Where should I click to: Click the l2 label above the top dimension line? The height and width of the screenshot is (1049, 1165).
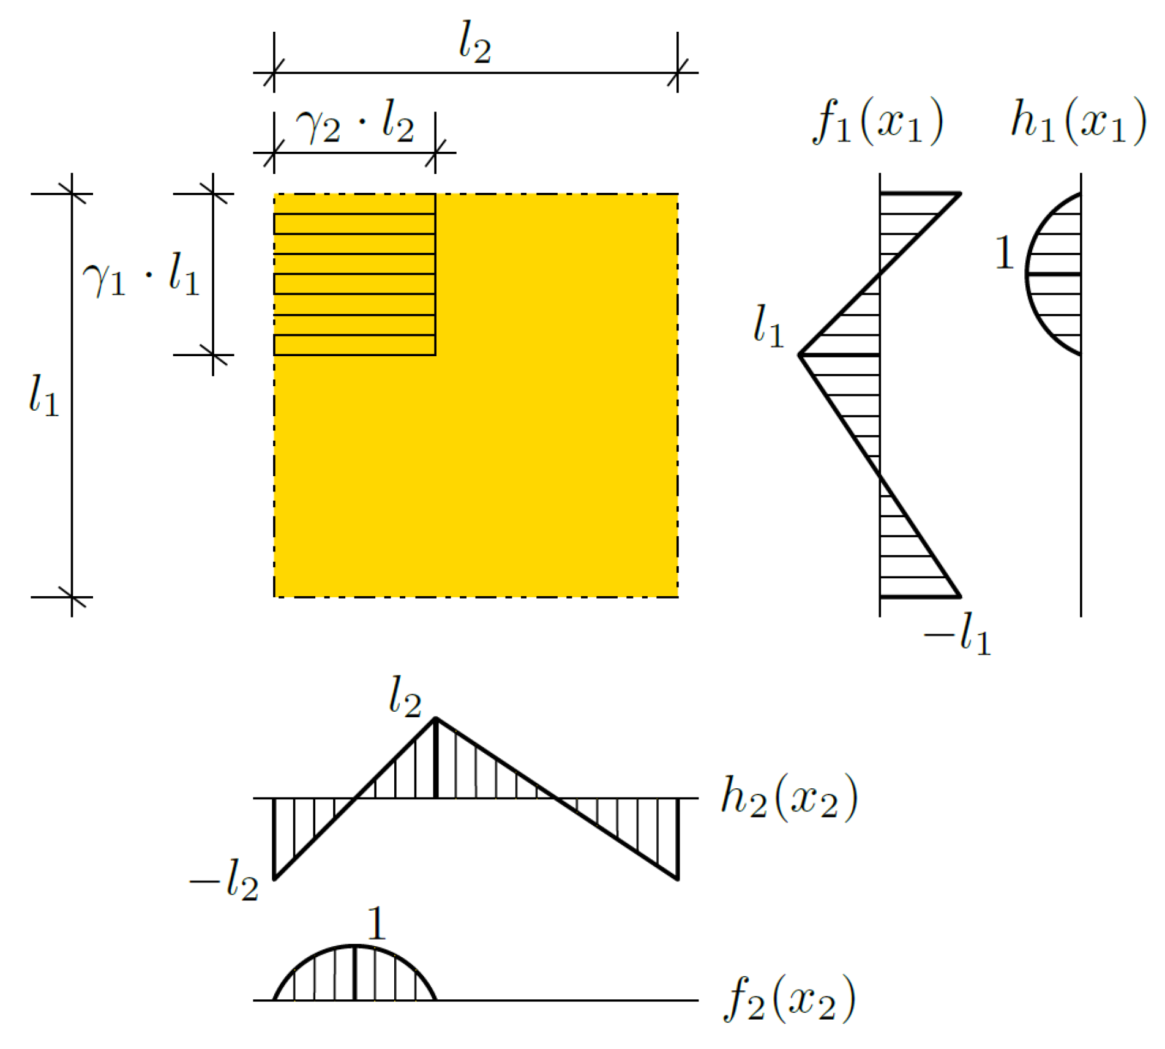tap(475, 43)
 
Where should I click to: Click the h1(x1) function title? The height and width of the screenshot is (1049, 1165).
tap(1078, 123)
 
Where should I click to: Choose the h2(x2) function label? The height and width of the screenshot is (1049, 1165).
tap(789, 798)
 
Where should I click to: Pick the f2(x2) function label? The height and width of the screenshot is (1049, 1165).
tap(789, 999)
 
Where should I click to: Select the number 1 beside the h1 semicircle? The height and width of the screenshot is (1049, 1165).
tap(1004, 253)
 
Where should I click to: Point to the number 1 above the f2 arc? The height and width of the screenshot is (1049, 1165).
tap(376, 924)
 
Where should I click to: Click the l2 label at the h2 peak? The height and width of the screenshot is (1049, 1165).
tap(405, 696)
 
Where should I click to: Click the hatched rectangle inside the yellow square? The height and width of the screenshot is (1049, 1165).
tap(354, 274)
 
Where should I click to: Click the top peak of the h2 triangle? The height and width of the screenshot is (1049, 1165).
tap(435, 718)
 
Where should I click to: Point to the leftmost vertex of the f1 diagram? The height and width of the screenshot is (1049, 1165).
tap(800, 355)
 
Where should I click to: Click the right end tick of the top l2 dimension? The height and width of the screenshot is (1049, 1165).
tap(678, 73)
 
